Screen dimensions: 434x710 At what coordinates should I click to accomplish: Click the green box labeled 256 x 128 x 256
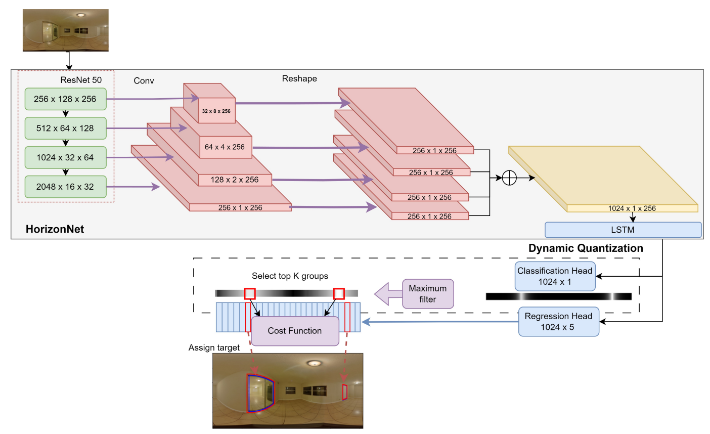[65, 99]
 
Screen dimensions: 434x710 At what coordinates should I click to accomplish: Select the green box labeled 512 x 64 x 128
[65, 128]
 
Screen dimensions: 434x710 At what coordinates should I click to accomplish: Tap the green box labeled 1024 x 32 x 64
[65, 158]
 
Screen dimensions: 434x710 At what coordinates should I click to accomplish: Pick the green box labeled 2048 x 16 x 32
[65, 187]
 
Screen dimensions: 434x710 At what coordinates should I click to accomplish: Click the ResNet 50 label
[81, 80]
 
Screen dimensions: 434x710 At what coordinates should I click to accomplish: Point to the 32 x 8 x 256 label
[216, 111]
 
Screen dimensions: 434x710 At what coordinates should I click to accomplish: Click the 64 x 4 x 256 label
[225, 147]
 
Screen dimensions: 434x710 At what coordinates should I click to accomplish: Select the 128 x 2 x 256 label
[235, 180]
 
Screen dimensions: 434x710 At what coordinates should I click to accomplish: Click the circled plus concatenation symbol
[509, 178]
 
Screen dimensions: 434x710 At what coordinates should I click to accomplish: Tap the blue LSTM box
[623, 230]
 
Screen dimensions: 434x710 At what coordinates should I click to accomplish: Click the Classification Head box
[555, 276]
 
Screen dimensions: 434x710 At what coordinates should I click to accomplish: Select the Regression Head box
[558, 322]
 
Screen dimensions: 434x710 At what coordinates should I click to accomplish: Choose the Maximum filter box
[428, 294]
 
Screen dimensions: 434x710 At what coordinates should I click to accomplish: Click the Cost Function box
[295, 331]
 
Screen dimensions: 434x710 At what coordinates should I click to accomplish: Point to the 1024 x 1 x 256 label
[632, 208]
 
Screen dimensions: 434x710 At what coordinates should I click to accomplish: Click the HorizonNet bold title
[55, 229]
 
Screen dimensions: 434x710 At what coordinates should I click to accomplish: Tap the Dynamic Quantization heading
[586, 248]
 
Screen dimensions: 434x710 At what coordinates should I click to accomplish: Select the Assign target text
[214, 348]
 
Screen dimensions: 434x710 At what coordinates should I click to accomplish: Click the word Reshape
[299, 79]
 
